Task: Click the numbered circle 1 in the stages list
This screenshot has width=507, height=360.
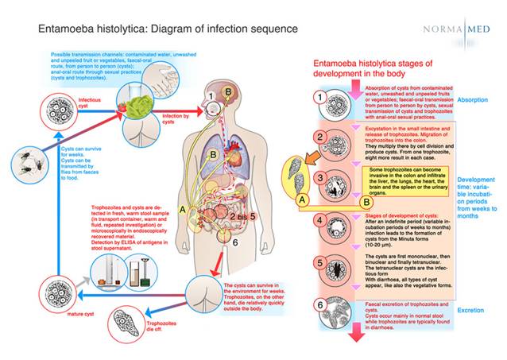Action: pyautogui.click(x=318, y=99)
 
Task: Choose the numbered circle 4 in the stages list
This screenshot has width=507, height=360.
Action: pyautogui.click(x=318, y=221)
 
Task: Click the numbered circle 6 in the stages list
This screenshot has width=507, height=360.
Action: pyautogui.click(x=318, y=304)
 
